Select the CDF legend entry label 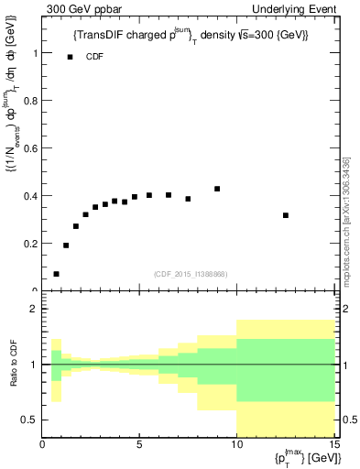click(x=94, y=57)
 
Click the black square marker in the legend click(x=70, y=57)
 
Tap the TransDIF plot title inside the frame click(x=190, y=34)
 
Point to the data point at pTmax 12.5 click(x=286, y=215)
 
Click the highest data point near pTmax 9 click(x=217, y=189)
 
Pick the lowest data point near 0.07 click(x=57, y=274)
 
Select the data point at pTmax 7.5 click(x=188, y=199)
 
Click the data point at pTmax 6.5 click(x=169, y=195)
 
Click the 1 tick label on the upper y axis click(x=34, y=53)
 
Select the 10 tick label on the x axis click(x=236, y=446)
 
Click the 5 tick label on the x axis click(x=139, y=446)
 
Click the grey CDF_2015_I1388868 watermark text click(x=189, y=274)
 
